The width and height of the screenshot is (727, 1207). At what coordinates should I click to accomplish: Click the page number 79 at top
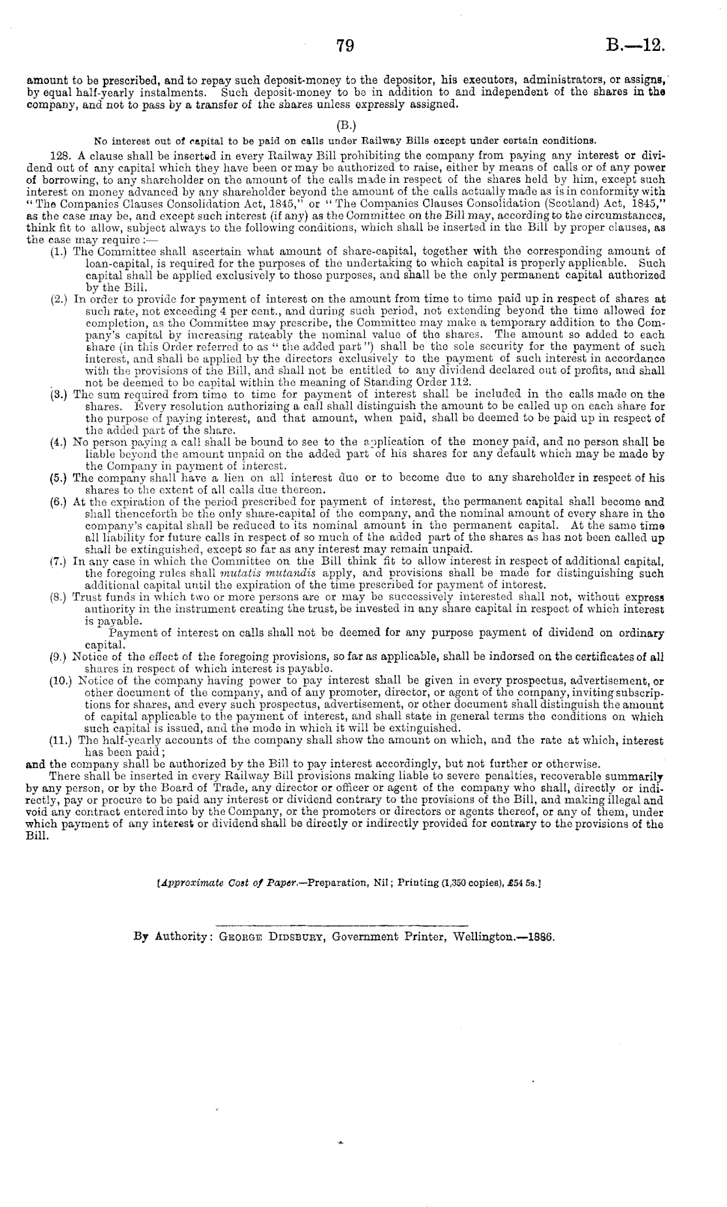pos(345,46)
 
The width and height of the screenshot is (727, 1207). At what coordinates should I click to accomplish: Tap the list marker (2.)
pos(60,299)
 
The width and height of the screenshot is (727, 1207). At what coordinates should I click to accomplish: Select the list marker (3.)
pos(60,394)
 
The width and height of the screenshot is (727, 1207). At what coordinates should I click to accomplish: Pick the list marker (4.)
pos(60,442)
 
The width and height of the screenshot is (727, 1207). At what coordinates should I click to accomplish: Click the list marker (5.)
pos(60,478)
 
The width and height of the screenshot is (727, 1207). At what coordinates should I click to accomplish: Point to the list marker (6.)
pos(60,502)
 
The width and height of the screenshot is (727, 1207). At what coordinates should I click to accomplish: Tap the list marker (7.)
pos(60,561)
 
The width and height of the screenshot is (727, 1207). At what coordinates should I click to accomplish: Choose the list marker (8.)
pos(60,597)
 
